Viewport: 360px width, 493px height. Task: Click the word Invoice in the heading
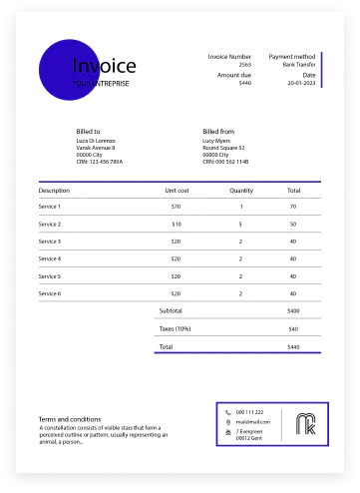(x=104, y=66)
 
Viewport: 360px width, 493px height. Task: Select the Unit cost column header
(x=177, y=190)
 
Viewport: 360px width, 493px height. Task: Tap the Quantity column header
(x=241, y=190)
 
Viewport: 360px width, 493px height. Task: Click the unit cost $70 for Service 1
(x=176, y=207)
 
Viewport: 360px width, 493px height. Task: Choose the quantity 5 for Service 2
(x=241, y=225)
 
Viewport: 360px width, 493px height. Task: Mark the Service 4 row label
(x=50, y=258)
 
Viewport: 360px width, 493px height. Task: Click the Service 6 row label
(x=50, y=293)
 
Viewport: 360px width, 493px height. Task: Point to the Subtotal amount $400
(x=293, y=311)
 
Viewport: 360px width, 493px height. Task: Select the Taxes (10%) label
(x=175, y=328)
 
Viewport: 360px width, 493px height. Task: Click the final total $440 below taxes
(x=293, y=346)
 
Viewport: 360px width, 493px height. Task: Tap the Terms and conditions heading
(x=69, y=419)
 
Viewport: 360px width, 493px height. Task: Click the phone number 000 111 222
(x=250, y=412)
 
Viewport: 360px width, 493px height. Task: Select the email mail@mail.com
(x=251, y=422)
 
